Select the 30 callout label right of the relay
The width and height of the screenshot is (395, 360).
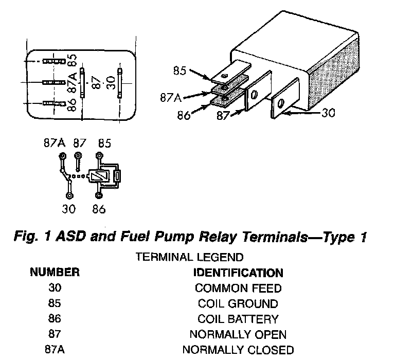click(328, 112)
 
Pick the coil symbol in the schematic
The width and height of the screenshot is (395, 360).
click(98, 176)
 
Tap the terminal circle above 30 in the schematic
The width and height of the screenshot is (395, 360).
click(68, 195)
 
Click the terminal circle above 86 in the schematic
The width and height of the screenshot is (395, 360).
click(99, 195)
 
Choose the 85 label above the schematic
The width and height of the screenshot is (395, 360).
click(104, 143)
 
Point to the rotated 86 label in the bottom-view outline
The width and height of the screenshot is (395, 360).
click(73, 105)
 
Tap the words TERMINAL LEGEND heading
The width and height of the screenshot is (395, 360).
click(190, 257)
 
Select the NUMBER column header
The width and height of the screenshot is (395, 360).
click(55, 272)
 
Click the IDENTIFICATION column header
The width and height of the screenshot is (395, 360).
click(238, 273)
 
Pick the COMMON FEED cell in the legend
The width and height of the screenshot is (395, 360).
click(238, 288)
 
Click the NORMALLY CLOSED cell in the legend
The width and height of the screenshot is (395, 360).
click(238, 350)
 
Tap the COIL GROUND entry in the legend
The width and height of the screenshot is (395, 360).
click(238, 303)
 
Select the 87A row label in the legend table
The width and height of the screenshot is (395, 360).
click(55, 350)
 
